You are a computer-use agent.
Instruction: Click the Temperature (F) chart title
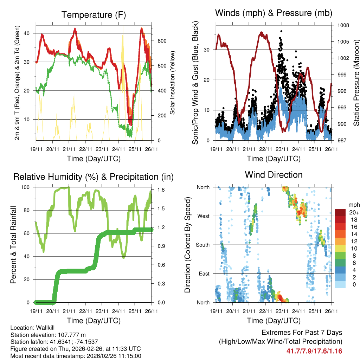tap(94, 15)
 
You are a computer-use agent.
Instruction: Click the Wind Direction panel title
tap(274, 175)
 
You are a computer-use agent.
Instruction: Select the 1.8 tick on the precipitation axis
tap(159, 190)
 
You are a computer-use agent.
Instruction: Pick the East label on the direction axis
tap(204, 274)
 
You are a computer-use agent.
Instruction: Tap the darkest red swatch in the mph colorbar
tap(340, 212)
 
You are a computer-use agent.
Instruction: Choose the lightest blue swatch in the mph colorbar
tap(340, 285)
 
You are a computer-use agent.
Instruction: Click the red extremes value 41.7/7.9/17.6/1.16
tap(314, 351)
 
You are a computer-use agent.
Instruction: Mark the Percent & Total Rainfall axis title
tap(13, 245)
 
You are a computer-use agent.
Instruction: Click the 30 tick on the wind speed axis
tap(207, 50)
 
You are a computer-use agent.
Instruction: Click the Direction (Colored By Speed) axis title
tap(187, 245)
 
